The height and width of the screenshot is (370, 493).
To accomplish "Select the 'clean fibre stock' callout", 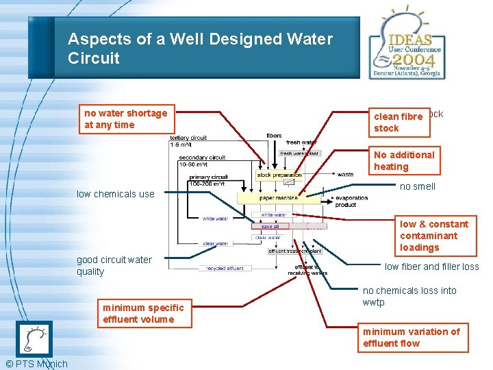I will point(399,122).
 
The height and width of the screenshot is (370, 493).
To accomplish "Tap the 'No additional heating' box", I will point(404,160).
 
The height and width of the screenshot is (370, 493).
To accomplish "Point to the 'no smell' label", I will point(418,186).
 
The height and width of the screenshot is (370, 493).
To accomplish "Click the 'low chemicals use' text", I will point(116,194).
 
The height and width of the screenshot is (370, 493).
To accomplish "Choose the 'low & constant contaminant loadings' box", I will point(434,235).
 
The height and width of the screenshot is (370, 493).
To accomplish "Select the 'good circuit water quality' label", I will point(114,265).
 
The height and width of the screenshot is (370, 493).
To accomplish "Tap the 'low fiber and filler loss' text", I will point(431,267).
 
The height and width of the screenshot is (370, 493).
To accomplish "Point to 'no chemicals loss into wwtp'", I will point(409,296).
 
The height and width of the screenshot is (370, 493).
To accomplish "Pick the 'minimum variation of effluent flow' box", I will point(412,337).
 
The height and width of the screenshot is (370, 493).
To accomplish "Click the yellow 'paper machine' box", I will point(279,198).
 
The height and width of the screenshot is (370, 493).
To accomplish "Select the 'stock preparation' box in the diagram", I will point(278,175).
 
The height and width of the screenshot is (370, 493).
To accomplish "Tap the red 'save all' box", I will point(270,226).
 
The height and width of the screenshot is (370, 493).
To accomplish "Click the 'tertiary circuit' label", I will point(189,138).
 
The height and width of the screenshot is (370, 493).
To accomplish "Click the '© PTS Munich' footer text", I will point(36,364).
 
